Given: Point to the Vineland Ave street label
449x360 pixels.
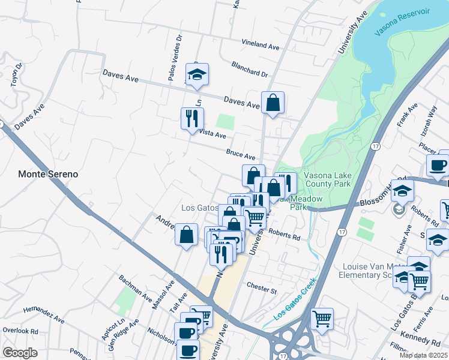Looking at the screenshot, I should click(x=261, y=45).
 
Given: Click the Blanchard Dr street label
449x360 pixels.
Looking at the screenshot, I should click(x=249, y=70).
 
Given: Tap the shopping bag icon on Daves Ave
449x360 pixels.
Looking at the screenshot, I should click(x=273, y=103).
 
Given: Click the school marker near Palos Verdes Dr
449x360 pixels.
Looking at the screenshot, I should click(x=196, y=74).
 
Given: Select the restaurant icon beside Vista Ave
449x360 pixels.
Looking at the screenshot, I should click(x=192, y=118).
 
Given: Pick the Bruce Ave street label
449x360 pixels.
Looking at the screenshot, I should click(x=241, y=154).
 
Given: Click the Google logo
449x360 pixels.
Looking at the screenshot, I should click(x=20, y=352).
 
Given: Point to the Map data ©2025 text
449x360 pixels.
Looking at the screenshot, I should click(x=424, y=355).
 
